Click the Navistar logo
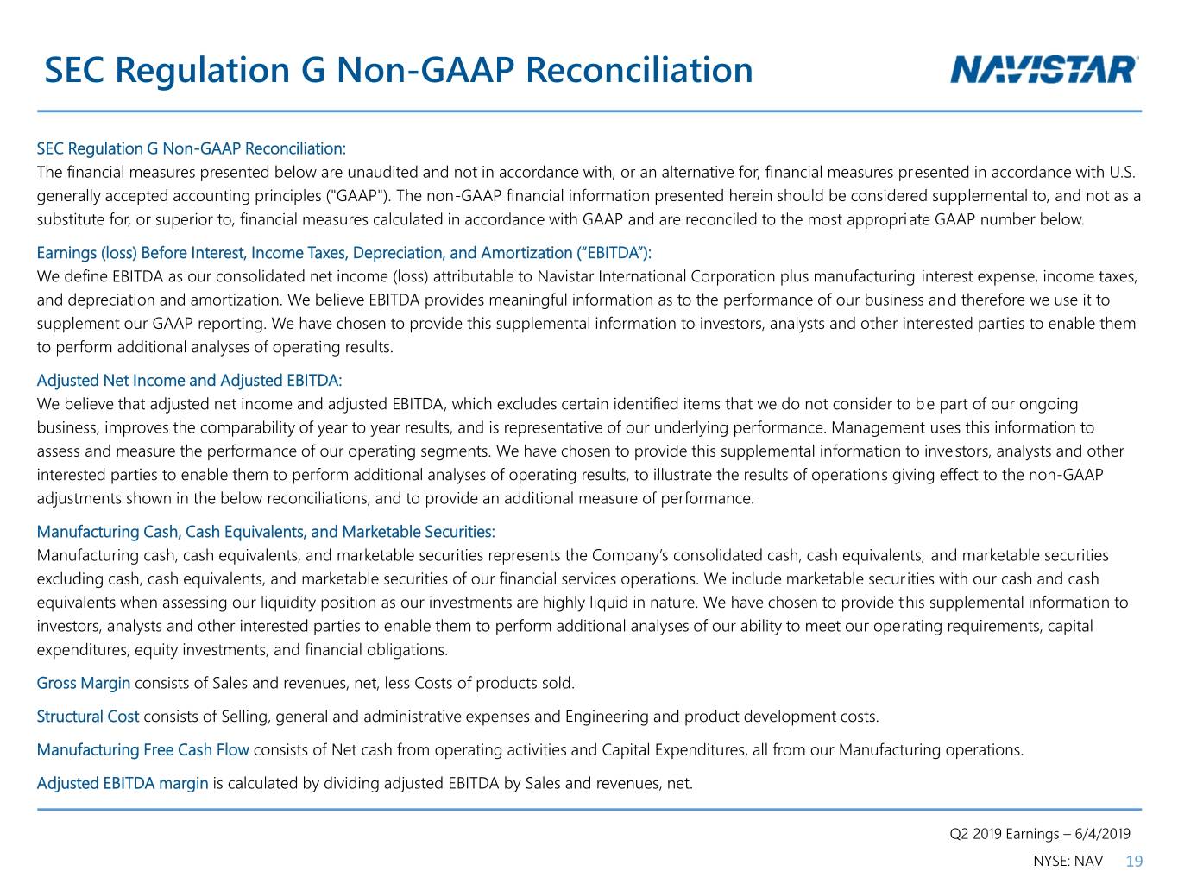coord(1043,70)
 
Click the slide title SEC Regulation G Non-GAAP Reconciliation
coord(399,71)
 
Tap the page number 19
coord(1134,862)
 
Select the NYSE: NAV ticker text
coord(1068,862)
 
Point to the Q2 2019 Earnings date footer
coord(1040,834)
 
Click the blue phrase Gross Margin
coord(83,683)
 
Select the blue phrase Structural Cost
coord(87,717)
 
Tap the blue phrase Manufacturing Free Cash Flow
coord(142,750)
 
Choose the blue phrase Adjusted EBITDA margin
coord(123,784)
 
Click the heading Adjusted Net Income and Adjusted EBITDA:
coord(190,381)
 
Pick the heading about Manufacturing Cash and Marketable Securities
coord(266,532)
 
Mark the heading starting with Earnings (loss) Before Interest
coord(344,253)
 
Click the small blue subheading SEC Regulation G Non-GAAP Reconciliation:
coord(191,148)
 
